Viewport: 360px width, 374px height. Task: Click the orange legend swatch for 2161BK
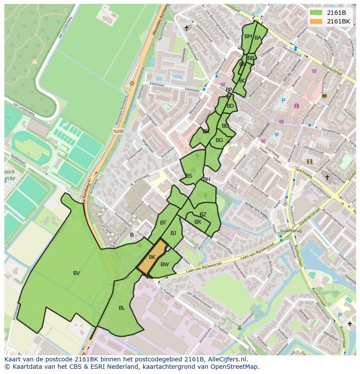(316, 21)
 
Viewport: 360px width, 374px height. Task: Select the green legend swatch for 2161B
(316, 12)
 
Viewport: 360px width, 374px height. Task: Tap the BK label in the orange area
(152, 257)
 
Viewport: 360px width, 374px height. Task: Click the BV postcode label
(77, 273)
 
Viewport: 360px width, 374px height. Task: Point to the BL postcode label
(122, 308)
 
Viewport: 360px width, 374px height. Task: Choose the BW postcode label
(164, 265)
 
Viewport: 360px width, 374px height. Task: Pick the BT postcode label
(163, 223)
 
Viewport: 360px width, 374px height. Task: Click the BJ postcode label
(173, 233)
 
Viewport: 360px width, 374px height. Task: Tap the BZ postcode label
(203, 215)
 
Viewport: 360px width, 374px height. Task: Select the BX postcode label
(198, 222)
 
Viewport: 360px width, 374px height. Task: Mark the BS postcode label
(189, 176)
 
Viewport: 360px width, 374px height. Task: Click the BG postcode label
(219, 140)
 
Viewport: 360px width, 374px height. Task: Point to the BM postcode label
(248, 36)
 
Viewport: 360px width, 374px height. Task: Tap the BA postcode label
(258, 38)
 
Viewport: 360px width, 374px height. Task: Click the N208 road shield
(118, 131)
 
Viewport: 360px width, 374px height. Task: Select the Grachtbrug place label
(290, 231)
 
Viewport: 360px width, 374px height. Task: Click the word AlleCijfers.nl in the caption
(226, 360)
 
